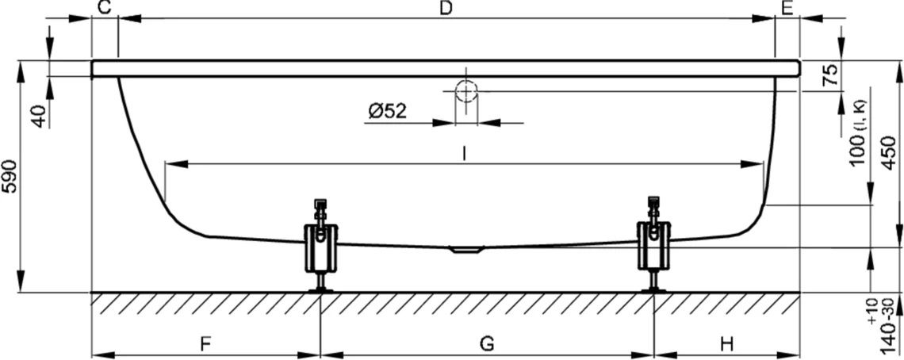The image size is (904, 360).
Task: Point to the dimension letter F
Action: point(205,344)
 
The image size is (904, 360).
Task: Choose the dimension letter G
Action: point(487,344)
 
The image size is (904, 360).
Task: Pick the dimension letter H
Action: point(727,344)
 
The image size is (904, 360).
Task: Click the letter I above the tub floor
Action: point(464,154)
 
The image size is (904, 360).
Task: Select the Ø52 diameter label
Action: point(387,111)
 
